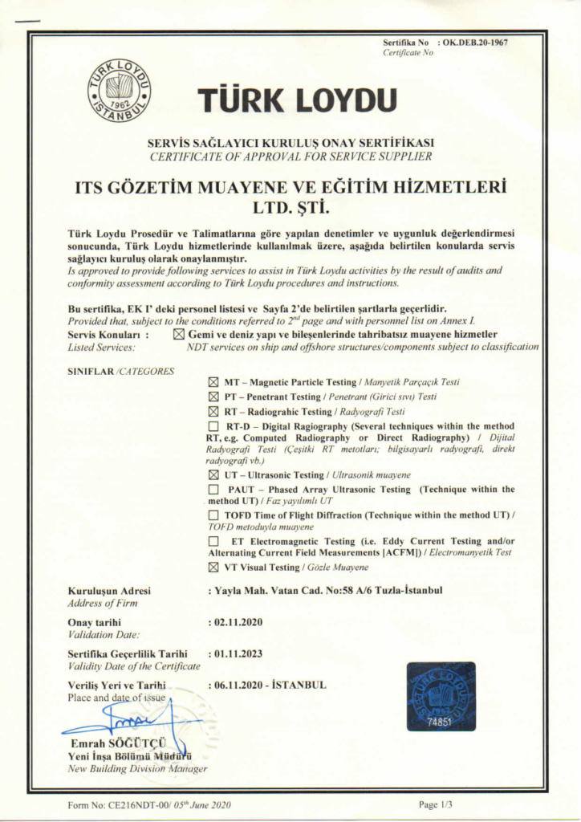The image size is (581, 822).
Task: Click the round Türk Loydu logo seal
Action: point(119,91)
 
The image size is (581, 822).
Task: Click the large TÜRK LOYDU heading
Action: point(298,100)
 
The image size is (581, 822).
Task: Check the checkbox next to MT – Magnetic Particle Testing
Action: point(213,382)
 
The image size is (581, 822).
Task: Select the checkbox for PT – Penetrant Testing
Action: point(213,397)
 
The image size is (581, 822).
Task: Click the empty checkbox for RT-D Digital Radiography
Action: point(213,425)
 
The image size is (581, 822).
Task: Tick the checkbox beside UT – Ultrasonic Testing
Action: point(213,475)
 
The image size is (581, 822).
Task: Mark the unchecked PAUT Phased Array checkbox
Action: point(213,489)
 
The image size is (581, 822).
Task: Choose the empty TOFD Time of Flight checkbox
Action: point(213,514)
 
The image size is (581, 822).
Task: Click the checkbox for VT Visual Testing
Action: point(213,567)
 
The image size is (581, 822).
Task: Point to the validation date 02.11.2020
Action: point(238,621)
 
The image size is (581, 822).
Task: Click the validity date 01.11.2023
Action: point(238,653)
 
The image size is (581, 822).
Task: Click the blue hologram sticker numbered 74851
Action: point(441,696)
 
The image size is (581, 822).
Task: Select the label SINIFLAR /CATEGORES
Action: point(121,371)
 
